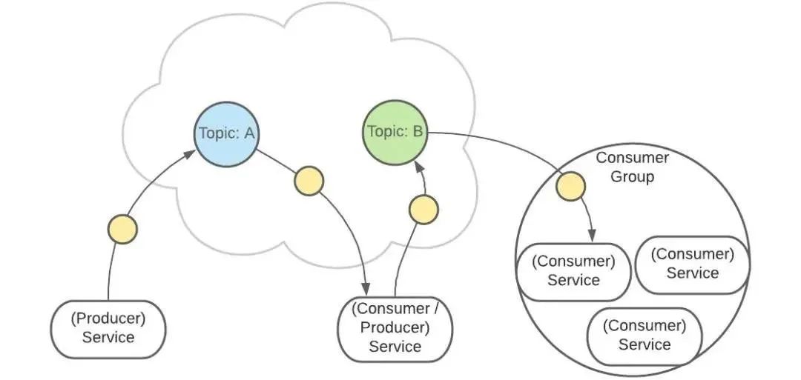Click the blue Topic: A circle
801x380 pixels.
point(227,134)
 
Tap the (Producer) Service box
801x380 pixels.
point(108,328)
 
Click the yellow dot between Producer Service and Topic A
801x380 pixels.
point(122,229)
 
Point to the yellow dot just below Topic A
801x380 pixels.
point(309,181)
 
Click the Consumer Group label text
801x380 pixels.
point(633,167)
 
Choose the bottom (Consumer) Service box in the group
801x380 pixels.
point(644,335)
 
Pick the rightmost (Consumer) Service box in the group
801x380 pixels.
point(692,264)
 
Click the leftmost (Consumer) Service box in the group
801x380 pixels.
point(574,270)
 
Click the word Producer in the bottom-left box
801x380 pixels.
point(108,319)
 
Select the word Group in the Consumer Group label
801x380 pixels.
point(633,177)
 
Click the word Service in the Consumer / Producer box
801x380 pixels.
point(395,346)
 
